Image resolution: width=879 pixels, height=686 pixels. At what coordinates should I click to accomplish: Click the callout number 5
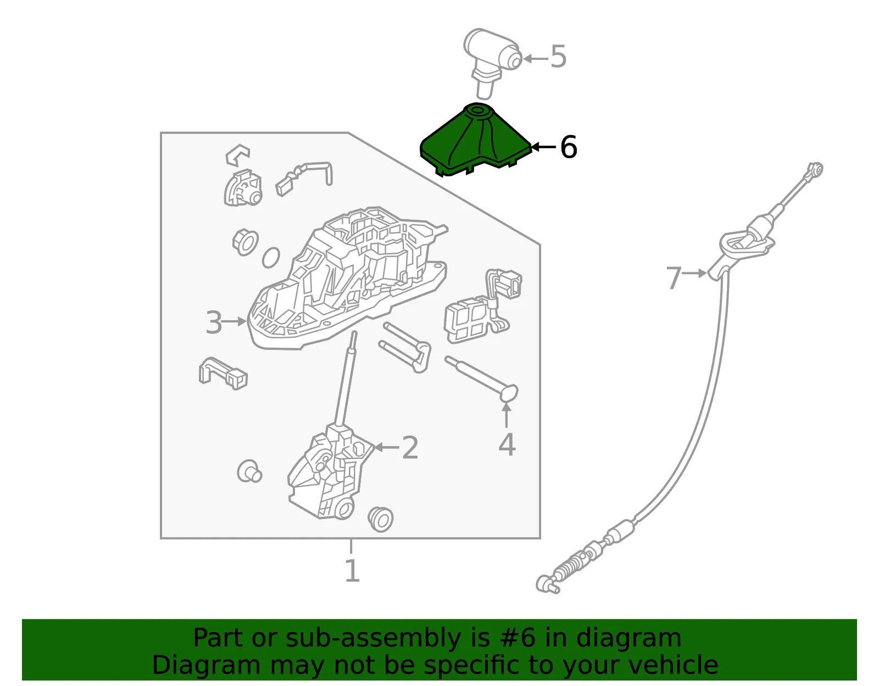pyautogui.click(x=558, y=57)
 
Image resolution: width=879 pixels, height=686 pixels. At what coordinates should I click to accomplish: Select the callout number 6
pyautogui.click(x=569, y=147)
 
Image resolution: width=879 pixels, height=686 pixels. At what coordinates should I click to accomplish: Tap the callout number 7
pyautogui.click(x=674, y=278)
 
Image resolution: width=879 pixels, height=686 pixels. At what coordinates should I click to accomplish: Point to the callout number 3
pyautogui.click(x=214, y=322)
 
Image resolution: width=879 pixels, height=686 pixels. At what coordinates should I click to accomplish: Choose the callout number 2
pyautogui.click(x=410, y=448)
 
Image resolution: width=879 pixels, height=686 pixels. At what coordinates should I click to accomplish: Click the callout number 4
pyautogui.click(x=507, y=444)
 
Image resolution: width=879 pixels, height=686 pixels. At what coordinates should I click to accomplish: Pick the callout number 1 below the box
pyautogui.click(x=352, y=571)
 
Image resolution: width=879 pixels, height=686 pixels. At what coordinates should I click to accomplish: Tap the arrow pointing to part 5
pyautogui.click(x=536, y=59)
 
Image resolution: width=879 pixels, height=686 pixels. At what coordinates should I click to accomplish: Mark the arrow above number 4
pyautogui.click(x=506, y=415)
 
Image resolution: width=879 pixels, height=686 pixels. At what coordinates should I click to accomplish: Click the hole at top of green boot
pyautogui.click(x=478, y=110)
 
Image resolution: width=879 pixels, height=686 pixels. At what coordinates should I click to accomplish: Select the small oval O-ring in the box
pyautogui.click(x=271, y=258)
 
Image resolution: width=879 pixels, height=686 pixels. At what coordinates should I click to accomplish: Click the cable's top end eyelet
pyautogui.click(x=816, y=169)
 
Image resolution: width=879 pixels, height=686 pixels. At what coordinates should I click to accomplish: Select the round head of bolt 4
pyautogui.click(x=508, y=393)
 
